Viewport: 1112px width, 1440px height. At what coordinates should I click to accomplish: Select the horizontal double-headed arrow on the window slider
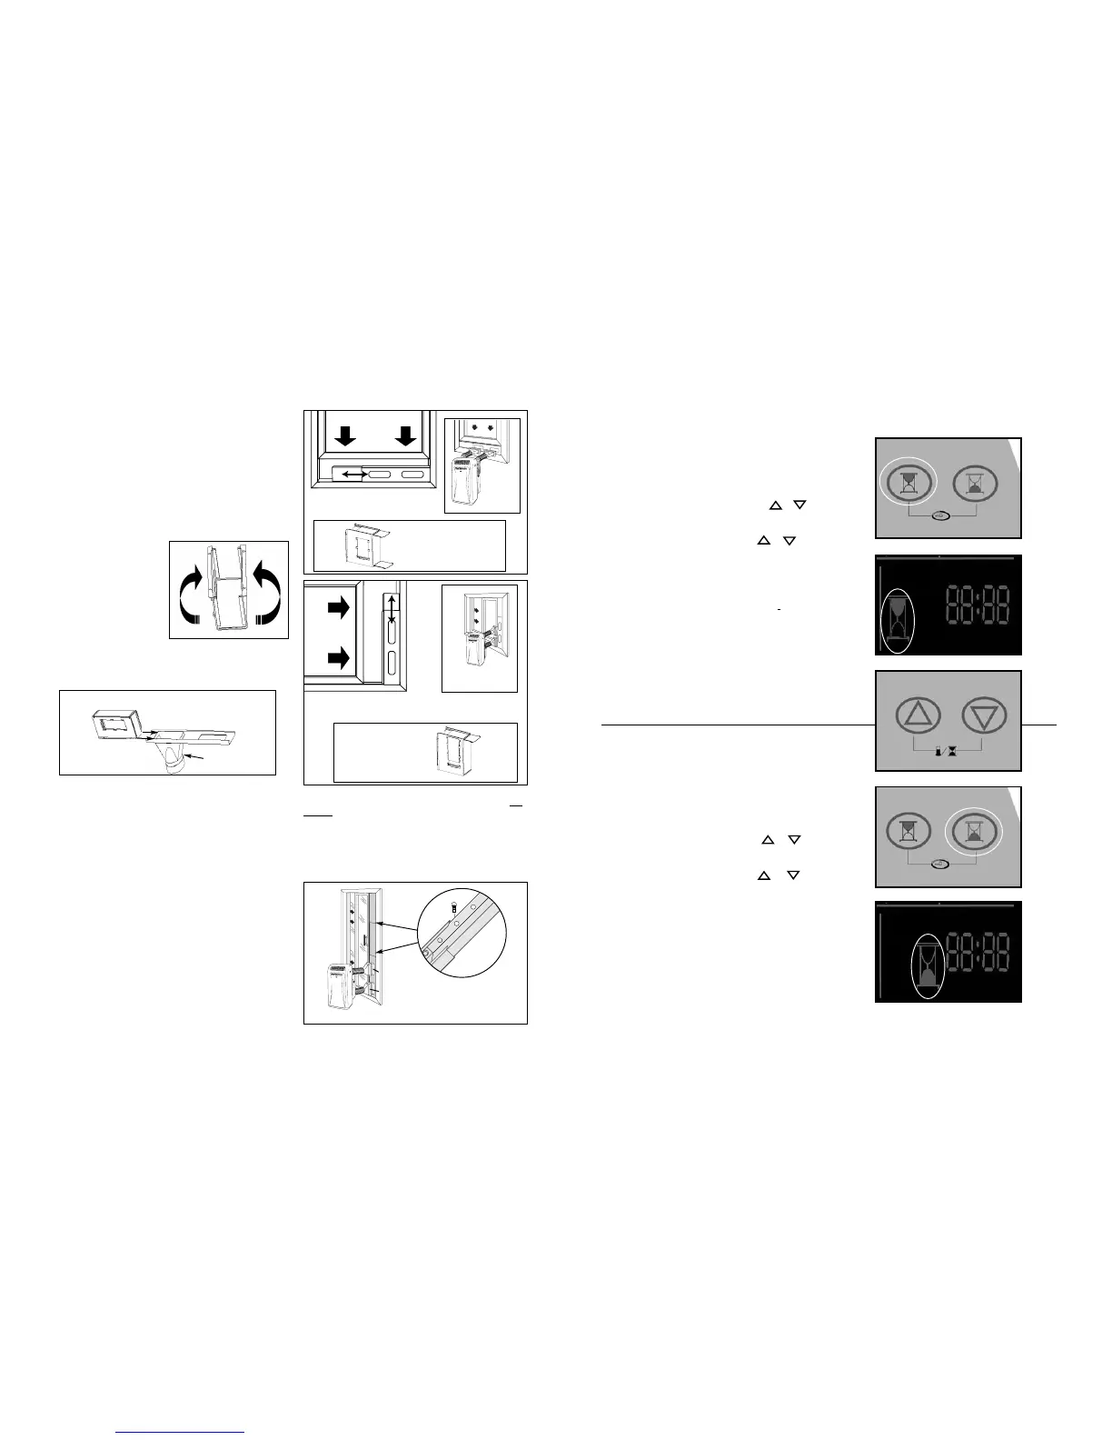[x=348, y=474]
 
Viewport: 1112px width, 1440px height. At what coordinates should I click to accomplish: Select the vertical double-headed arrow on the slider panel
[x=391, y=619]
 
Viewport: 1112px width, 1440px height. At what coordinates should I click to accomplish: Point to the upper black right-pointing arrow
[x=339, y=610]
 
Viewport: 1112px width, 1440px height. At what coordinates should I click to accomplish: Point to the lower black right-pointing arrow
[x=339, y=657]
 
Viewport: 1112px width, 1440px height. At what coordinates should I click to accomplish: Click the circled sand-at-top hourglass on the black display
[x=898, y=621]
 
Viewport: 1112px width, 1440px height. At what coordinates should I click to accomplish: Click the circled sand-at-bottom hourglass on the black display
[x=927, y=967]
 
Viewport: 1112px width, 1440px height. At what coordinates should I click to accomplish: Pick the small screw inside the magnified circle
[x=454, y=906]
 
